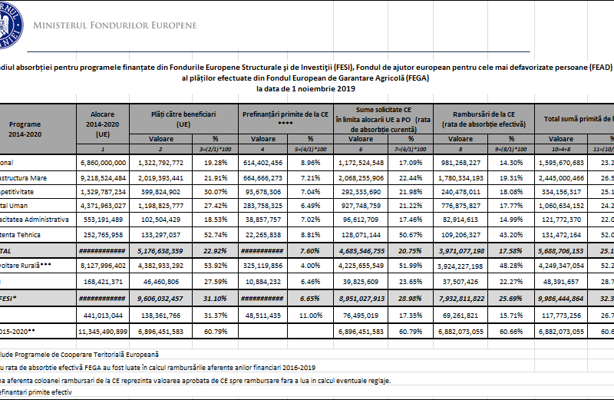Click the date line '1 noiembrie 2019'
pos(306,89)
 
